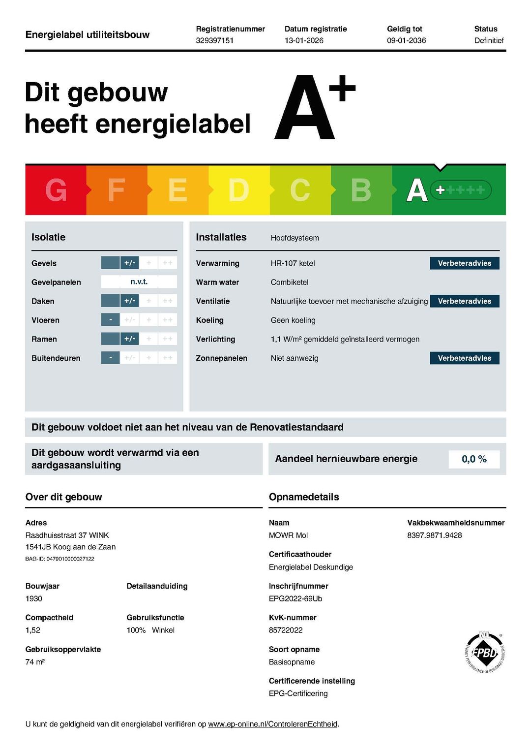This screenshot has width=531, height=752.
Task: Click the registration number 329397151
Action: click(x=214, y=40)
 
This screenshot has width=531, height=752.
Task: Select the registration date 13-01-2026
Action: click(x=304, y=40)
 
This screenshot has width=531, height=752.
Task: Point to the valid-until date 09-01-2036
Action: click(x=406, y=40)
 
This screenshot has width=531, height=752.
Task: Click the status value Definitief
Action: click(x=489, y=40)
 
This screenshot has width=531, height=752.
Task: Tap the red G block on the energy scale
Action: click(x=56, y=190)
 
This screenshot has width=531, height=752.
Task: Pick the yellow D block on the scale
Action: click(x=239, y=190)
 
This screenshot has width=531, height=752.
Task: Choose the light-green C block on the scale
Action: click(x=300, y=190)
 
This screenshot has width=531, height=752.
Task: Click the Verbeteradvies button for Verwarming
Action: click(x=465, y=263)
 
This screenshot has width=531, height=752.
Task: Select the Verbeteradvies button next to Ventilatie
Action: click(x=465, y=301)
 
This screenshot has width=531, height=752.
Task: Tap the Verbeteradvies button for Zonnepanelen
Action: click(x=465, y=358)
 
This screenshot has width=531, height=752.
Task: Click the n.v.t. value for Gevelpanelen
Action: click(x=139, y=282)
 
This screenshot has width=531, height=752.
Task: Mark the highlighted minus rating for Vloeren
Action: click(x=111, y=320)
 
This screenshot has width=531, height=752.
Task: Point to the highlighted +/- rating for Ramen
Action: click(x=129, y=339)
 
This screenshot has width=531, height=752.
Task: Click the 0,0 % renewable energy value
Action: click(x=474, y=459)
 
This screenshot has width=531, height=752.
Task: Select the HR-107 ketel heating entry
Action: click(x=293, y=263)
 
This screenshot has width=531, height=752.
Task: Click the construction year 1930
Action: click(x=34, y=598)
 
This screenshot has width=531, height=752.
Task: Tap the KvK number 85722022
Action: click(x=286, y=630)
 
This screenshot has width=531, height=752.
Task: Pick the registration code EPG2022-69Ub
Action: click(x=295, y=598)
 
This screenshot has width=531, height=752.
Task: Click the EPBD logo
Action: click(x=484, y=653)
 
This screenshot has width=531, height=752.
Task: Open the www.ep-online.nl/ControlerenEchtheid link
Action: click(x=273, y=724)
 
